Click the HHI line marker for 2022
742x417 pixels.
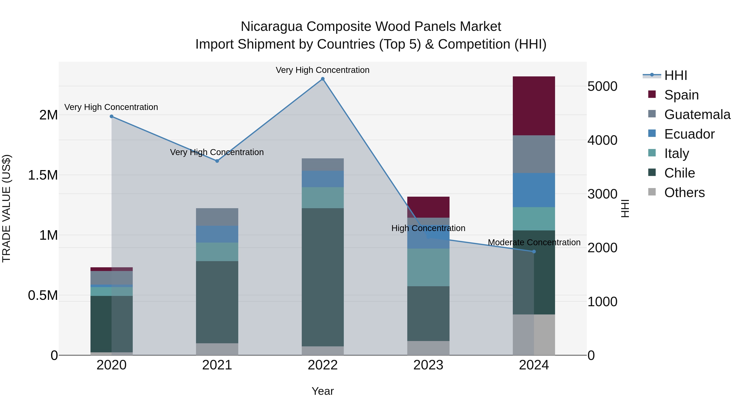point(323,79)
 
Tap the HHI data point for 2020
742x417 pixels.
point(112,116)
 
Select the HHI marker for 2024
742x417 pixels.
point(534,251)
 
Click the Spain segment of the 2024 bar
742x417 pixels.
point(534,106)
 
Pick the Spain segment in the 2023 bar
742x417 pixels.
point(428,207)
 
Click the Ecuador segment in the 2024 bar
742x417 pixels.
point(534,190)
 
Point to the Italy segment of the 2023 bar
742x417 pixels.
point(428,267)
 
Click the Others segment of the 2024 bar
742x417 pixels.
point(534,334)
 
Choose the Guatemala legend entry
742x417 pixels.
point(697,114)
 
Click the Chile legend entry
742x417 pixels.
point(679,173)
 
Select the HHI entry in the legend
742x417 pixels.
point(675,75)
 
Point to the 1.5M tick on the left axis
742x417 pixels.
point(43,175)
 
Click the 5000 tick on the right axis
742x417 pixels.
point(602,86)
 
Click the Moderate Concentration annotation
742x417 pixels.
point(534,242)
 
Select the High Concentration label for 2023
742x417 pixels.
point(428,228)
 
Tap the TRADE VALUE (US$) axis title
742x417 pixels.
point(6,208)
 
